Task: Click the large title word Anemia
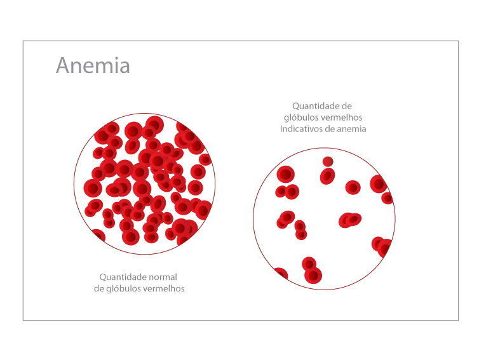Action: [93, 65]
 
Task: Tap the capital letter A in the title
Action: [63, 65]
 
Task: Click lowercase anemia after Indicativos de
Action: [353, 129]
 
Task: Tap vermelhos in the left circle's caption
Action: [163, 288]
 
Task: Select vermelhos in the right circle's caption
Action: [342, 117]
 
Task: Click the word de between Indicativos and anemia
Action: [332, 129]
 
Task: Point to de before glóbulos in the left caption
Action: [100, 288]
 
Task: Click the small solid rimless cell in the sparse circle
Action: [328, 161]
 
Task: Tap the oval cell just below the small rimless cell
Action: [327, 176]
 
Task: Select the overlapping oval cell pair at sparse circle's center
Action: [349, 220]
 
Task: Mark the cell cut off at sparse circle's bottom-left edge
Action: [280, 274]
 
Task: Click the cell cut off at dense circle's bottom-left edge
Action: [98, 236]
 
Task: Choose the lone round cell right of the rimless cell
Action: [353, 187]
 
